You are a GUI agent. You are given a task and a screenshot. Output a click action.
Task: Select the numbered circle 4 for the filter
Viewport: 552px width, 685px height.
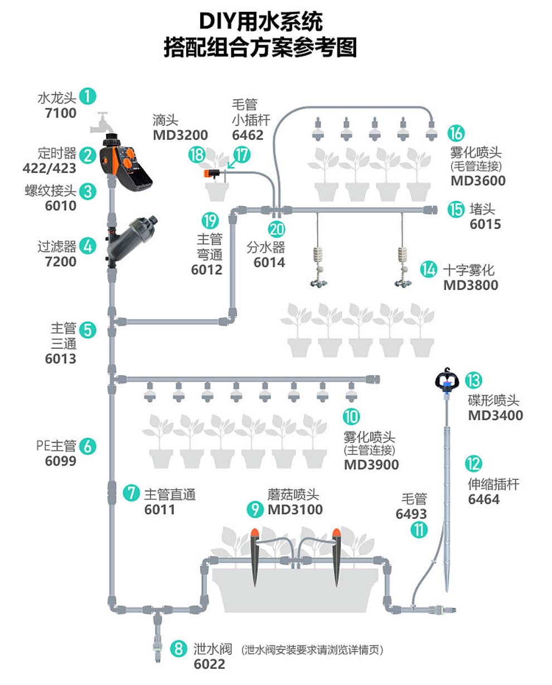88,246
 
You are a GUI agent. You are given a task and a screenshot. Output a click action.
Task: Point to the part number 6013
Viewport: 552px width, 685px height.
60,358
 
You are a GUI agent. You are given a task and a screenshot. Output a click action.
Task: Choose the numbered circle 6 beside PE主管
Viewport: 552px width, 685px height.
88,446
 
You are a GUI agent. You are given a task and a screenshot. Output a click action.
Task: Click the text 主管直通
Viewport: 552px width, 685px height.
170,494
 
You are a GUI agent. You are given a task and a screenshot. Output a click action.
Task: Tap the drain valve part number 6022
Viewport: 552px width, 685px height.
210,664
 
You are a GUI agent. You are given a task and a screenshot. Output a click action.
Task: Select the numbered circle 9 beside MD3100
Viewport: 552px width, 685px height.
255,509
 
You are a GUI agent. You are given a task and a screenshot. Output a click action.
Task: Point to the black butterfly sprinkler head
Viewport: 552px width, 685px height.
446,380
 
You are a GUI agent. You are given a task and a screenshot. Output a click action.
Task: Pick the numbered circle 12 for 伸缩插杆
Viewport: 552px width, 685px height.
473,464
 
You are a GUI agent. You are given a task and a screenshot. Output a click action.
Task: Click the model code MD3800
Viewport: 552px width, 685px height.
471,285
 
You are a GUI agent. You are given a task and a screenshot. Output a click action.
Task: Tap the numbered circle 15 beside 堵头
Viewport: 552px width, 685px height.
456,210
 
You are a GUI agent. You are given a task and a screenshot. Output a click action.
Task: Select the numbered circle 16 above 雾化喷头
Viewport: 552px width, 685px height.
456,134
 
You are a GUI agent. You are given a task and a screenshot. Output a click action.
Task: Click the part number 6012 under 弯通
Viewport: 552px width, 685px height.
206,270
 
